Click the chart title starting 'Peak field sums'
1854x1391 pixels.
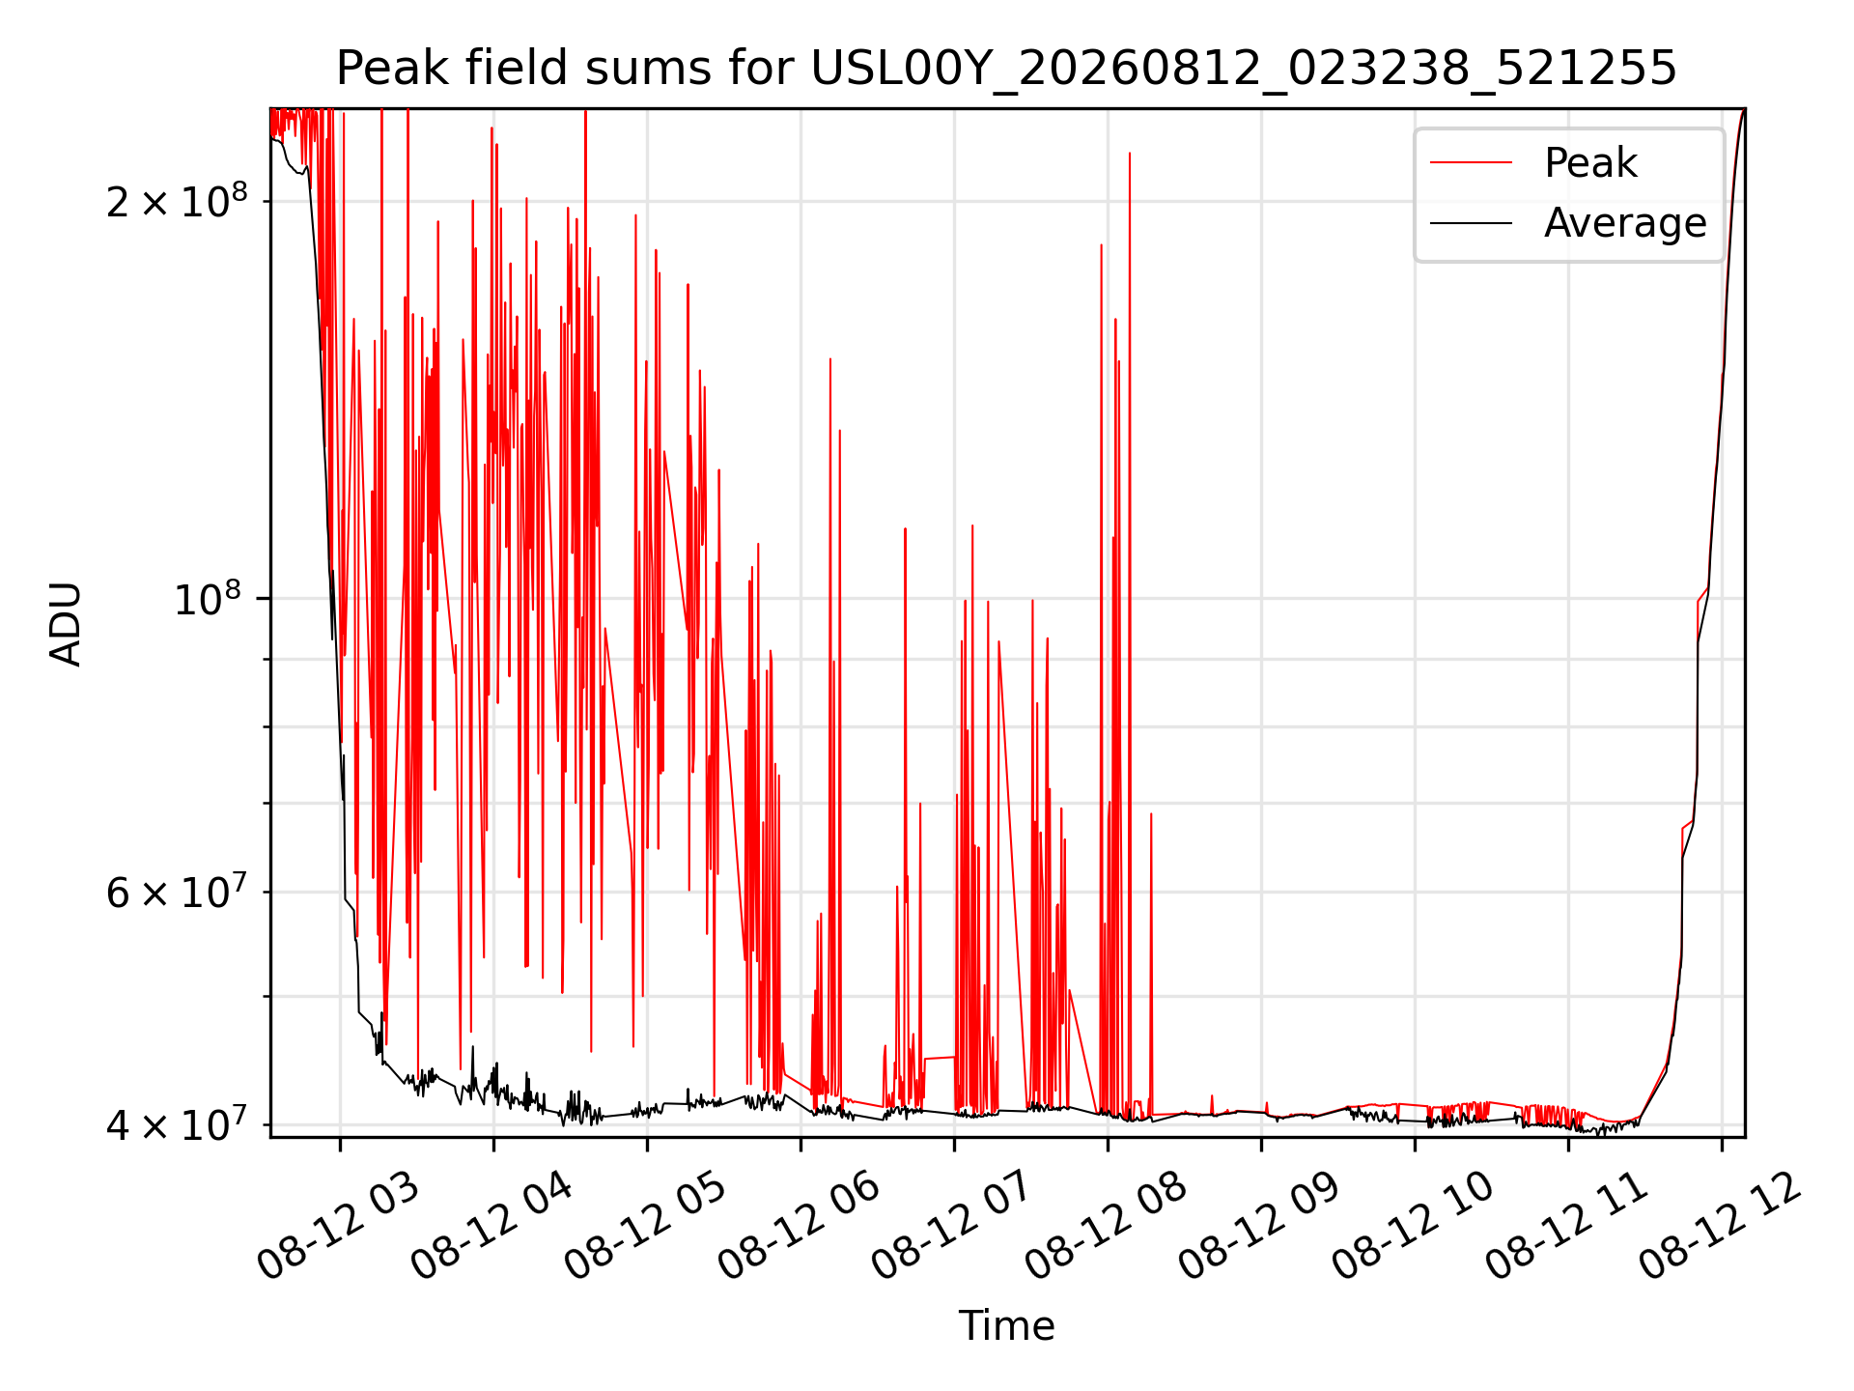tap(1006, 69)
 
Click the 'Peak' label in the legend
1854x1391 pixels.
tap(1590, 163)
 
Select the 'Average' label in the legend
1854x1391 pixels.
tap(1625, 223)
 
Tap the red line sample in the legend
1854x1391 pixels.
tap(1471, 163)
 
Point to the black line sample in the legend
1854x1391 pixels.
tap(1471, 223)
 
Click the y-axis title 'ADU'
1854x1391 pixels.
tap(66, 623)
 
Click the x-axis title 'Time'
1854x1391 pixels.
tap(1006, 1325)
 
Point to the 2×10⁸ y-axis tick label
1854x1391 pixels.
tap(177, 200)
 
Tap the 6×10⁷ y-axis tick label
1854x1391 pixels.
tap(177, 891)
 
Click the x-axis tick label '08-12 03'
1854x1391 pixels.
tap(338, 1226)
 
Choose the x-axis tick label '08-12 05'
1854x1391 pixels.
tap(645, 1226)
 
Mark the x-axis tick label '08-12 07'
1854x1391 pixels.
tap(952, 1226)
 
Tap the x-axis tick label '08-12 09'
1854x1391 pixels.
tap(1259, 1226)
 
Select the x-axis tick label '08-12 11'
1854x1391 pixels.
tap(1566, 1226)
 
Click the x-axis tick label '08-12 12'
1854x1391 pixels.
tap(1721, 1226)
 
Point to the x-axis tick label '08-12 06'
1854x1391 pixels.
tap(799, 1226)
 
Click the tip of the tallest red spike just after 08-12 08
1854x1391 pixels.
tap(1130, 153)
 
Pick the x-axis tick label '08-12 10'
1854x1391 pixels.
tap(1413, 1226)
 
